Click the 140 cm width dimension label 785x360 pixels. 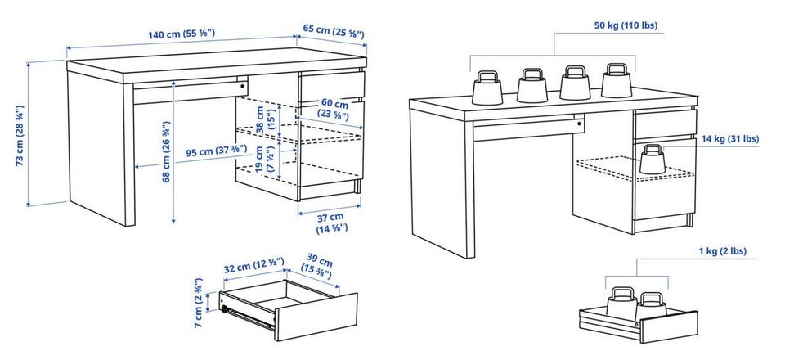click(182, 34)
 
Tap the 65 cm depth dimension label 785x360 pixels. click(334, 31)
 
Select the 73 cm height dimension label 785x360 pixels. click(20, 136)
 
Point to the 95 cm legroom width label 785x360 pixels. click(216, 151)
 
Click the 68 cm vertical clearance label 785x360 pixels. click(167, 151)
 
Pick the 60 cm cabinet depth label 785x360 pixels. click(333, 109)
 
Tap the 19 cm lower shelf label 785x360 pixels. click(265, 160)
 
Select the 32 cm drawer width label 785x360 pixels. click(253, 265)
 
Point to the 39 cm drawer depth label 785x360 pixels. click(317, 268)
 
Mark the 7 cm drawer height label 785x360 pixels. click(199, 303)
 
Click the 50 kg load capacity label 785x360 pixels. click(626, 25)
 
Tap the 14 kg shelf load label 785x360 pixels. click(730, 139)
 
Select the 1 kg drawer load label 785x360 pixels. click(722, 251)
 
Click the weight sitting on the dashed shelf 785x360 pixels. click(653, 160)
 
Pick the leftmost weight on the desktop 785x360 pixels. click(487, 88)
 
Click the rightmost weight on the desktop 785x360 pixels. click(617, 81)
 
